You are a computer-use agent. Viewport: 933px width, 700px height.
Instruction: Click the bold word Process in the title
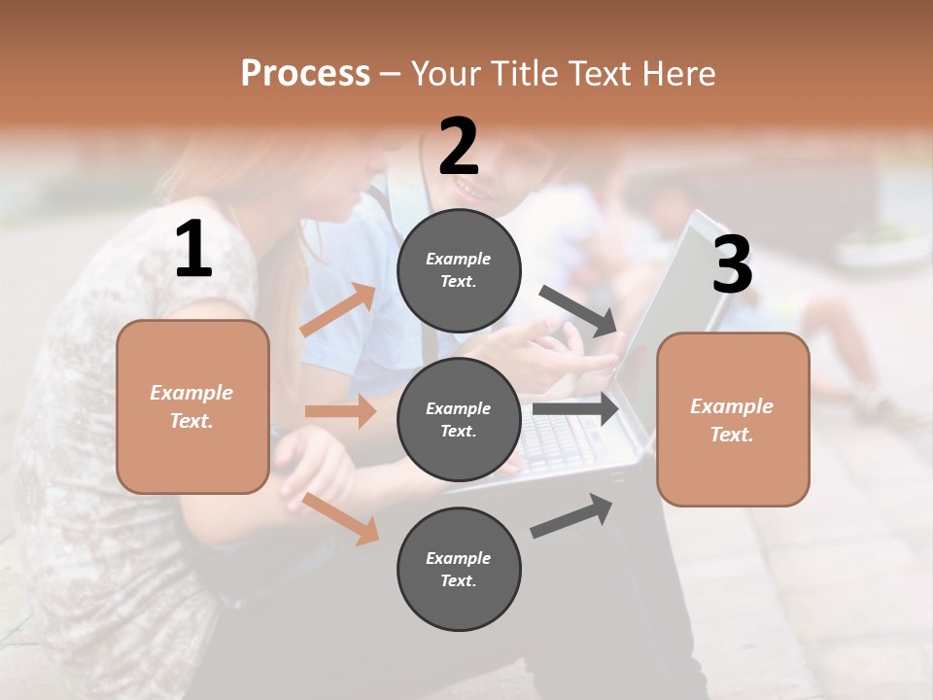coord(305,74)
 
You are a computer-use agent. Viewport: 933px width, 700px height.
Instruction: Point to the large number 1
coord(193,250)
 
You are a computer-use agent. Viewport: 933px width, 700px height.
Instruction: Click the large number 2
coord(459,147)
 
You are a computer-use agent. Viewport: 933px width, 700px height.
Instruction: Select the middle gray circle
coord(459,419)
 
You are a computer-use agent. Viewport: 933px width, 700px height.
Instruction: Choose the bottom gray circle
coord(459,569)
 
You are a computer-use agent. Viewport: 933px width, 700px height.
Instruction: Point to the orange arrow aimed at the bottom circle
coord(341,518)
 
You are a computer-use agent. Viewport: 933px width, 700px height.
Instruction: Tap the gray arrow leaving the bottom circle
coord(571,516)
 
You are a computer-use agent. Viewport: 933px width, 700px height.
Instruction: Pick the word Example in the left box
coord(191,393)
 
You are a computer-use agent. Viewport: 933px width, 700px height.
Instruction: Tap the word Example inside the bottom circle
coord(458,558)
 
